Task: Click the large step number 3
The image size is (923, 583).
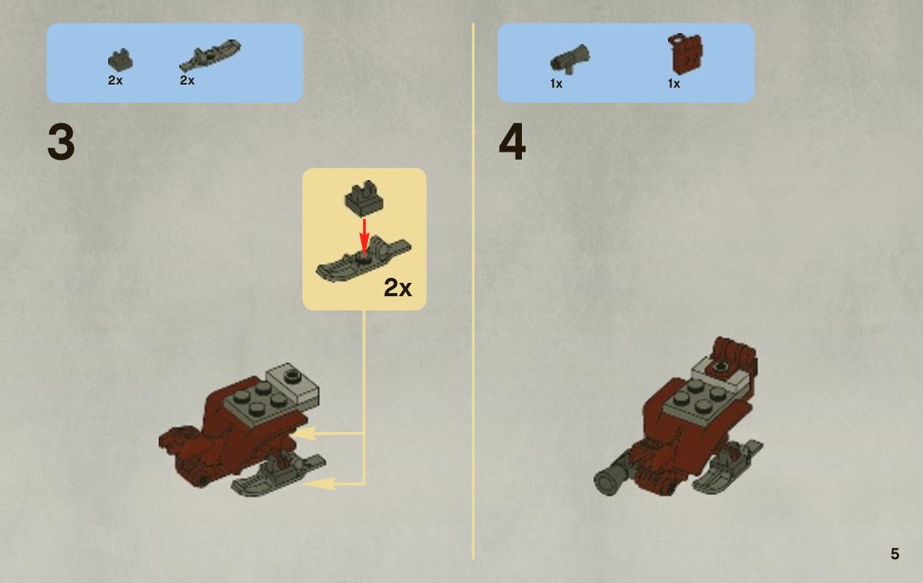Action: pos(62,142)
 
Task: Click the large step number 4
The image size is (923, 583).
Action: pos(512,142)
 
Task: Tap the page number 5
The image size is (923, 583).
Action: pos(895,554)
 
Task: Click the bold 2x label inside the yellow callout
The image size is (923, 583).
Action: pos(398,288)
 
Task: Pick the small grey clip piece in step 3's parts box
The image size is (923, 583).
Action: pos(120,60)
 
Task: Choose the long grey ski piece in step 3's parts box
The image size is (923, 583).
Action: pos(210,55)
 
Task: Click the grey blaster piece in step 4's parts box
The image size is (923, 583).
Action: pos(570,59)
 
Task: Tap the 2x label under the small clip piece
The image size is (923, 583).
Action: pos(115,80)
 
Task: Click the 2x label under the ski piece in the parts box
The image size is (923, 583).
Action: pos(187,80)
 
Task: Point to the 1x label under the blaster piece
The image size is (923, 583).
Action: pos(557,84)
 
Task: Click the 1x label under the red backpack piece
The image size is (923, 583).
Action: pos(674,84)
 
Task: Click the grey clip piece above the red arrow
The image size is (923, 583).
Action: pos(364,197)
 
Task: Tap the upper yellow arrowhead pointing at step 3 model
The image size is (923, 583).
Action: pos(304,434)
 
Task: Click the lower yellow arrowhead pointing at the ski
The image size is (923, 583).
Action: pos(318,484)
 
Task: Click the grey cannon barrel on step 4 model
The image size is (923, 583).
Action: pos(612,476)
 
